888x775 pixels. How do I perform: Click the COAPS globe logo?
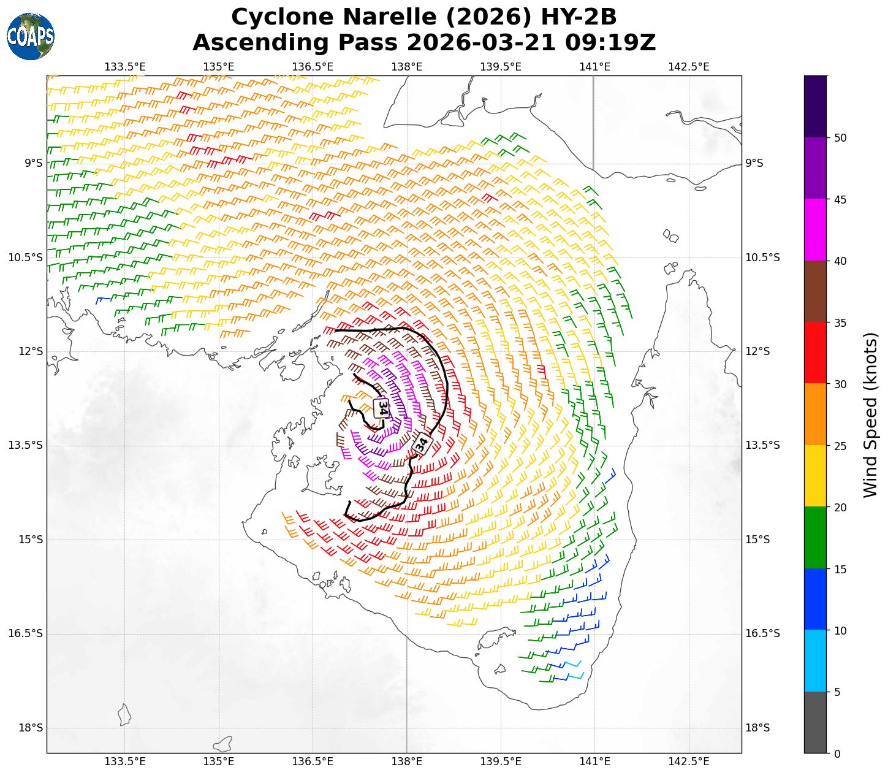(31, 36)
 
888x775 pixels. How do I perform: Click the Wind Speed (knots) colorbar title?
(870, 414)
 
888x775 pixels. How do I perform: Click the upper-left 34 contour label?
(382, 408)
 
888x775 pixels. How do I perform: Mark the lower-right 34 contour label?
(422, 444)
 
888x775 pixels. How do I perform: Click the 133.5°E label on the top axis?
(125, 66)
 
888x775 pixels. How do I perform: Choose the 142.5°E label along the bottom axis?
(689, 762)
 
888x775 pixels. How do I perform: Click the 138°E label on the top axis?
(407, 66)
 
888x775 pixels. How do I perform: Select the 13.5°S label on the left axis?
(26, 445)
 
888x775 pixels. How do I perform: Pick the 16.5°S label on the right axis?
(762, 633)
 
